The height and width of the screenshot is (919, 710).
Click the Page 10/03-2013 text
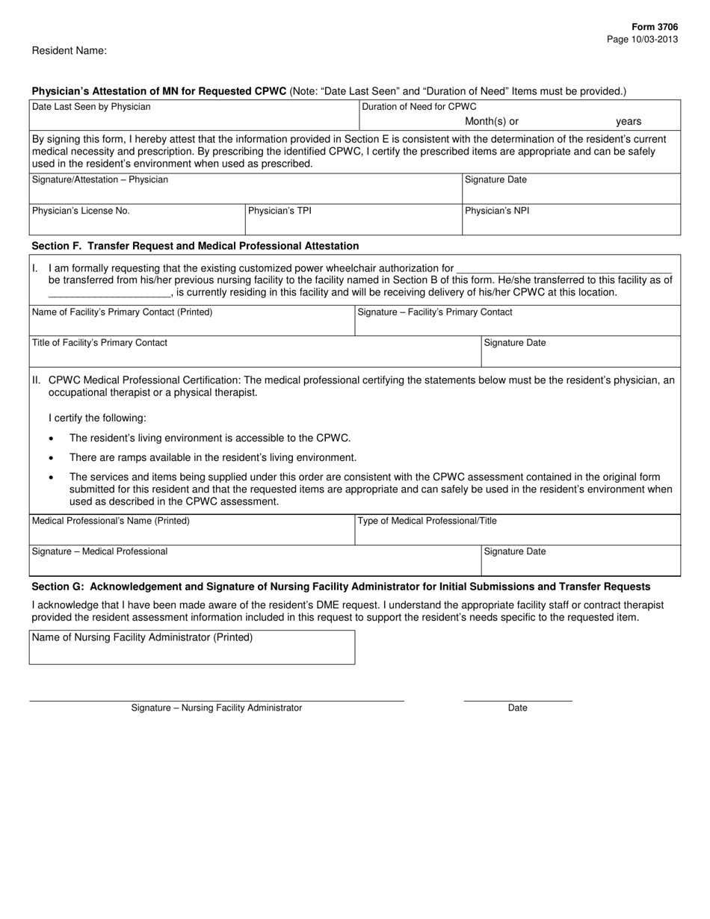tap(643, 39)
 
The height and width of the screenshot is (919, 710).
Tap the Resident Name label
tap(70, 51)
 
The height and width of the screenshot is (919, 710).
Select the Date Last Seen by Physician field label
tap(91, 107)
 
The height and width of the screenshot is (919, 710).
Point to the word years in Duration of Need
tap(629, 121)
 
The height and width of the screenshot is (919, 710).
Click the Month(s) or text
tap(492, 121)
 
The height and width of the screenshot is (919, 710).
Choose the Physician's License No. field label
tap(81, 211)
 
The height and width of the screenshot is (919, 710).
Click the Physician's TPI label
tap(280, 211)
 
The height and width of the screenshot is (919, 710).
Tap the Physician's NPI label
tap(497, 211)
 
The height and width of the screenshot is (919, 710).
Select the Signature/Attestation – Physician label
tap(100, 179)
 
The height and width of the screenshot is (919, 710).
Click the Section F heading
tap(195, 246)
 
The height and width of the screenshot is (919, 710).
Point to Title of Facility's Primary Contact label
tap(99, 342)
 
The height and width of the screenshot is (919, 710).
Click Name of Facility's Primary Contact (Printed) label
tap(122, 312)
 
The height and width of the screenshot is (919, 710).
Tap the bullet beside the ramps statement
tap(51, 457)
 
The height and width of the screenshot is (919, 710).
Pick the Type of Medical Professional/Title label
tap(427, 521)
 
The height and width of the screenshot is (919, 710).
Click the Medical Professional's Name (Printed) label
tap(111, 521)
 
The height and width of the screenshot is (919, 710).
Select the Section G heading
tap(341, 587)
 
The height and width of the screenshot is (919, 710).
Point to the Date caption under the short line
tap(517, 708)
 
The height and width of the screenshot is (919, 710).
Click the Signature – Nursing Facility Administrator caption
tap(217, 708)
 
